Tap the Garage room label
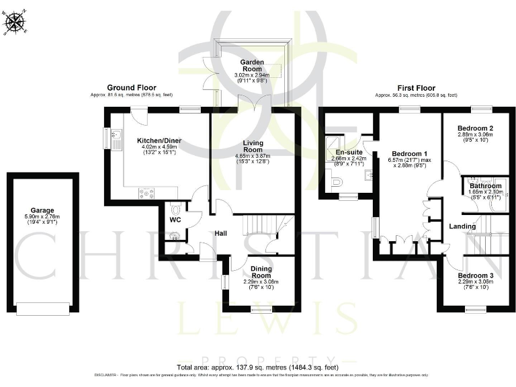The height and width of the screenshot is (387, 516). [42, 210]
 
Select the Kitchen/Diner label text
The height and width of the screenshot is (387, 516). [159, 140]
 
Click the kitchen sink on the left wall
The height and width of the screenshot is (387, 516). [114, 139]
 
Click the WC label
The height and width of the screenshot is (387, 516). [175, 220]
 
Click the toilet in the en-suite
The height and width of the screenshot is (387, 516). [337, 181]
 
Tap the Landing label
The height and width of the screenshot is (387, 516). [462, 226]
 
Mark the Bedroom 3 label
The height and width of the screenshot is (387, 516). [475, 275]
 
